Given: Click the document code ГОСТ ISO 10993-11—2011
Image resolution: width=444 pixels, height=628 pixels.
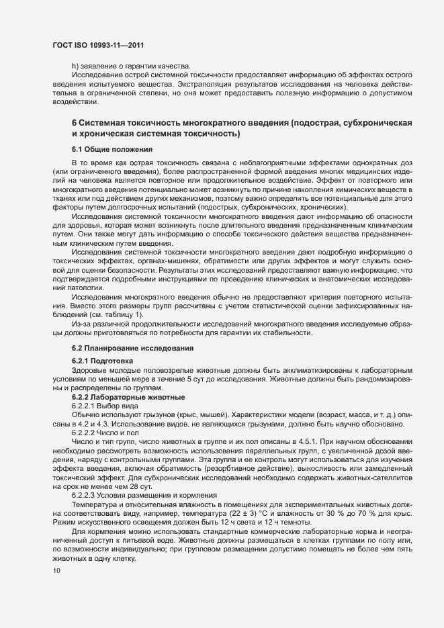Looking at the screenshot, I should click(98, 46).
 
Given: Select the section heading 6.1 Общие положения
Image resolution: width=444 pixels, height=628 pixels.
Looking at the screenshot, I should click(112, 148).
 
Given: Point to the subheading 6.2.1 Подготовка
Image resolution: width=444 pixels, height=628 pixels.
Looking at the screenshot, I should click(102, 361).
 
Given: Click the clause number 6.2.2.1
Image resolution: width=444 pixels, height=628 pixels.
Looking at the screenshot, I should click(85, 407).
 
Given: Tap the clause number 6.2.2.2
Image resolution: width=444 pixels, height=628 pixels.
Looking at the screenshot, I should click(85, 434).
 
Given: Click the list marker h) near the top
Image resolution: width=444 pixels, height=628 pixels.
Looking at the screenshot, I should click(75, 65).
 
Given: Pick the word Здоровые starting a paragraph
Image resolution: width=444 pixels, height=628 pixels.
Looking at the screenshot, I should click(89, 371).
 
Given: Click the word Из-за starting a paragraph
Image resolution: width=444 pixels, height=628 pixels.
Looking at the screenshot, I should click(83, 324).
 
